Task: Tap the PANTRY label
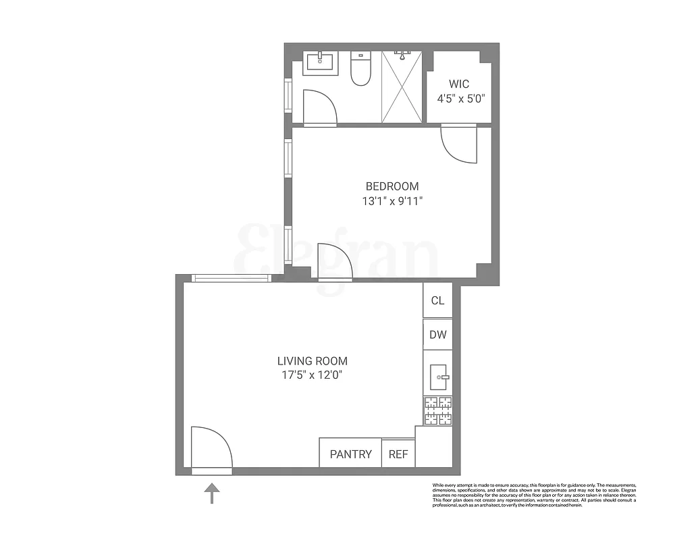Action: pos(350,454)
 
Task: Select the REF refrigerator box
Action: pos(398,454)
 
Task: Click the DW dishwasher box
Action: pos(438,334)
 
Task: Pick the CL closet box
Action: pos(438,300)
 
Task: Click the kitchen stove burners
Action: pos(437,411)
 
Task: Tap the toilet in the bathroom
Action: pos(361,70)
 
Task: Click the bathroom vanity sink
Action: pos(320,62)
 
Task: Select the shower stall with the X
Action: pos(403,87)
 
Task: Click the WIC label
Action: pos(459,84)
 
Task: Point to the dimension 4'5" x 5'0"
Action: pos(458,98)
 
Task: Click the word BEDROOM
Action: pos(392,186)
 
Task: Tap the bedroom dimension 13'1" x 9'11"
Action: pos(392,200)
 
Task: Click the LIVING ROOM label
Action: pos(313,361)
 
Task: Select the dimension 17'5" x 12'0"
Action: pos(313,376)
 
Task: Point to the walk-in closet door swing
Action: pos(459,143)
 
